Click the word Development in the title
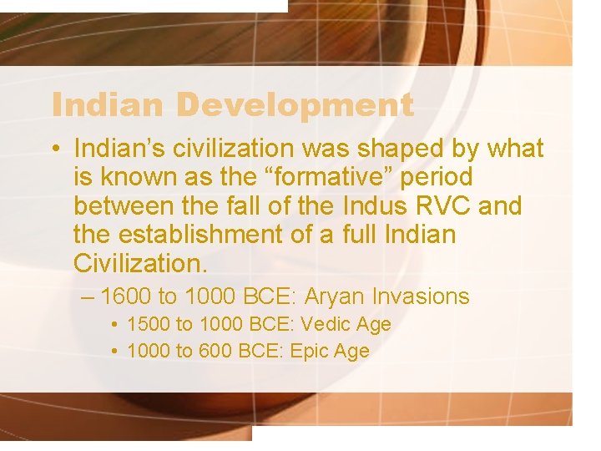pos(295,105)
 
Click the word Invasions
pos(422,296)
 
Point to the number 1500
pos(147,324)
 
